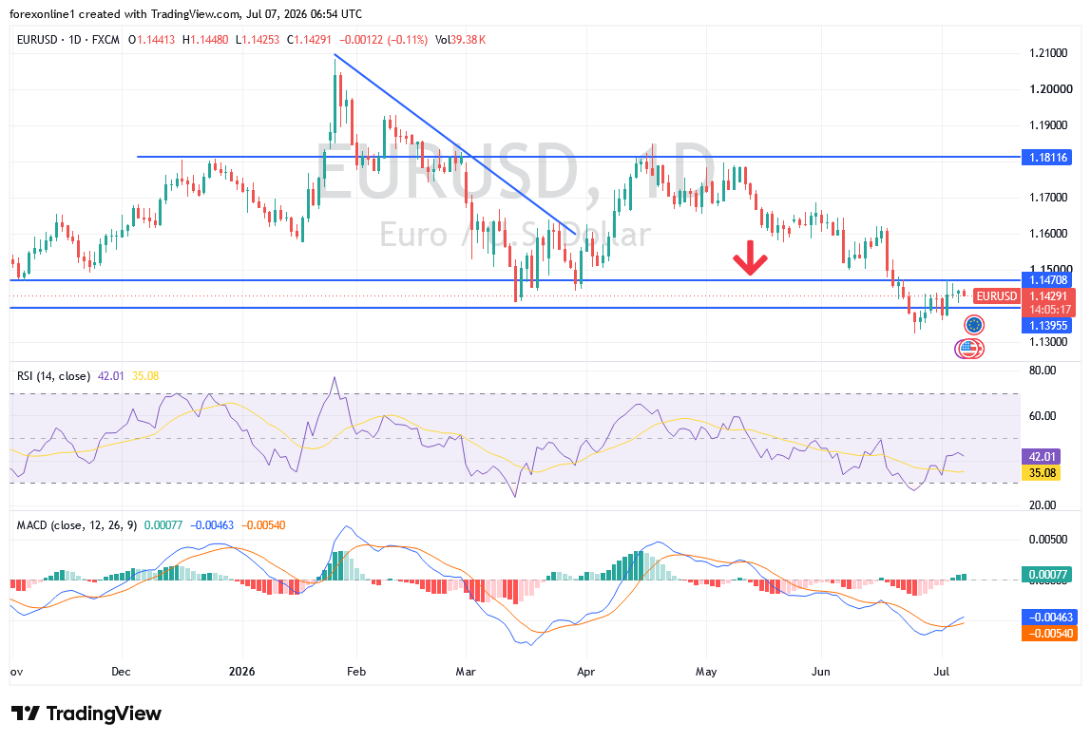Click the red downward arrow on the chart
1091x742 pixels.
click(x=750, y=257)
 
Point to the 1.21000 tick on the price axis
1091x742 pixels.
click(x=1048, y=53)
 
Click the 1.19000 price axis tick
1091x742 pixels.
click(x=1048, y=125)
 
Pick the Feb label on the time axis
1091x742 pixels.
click(x=356, y=671)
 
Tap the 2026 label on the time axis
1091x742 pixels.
click(x=242, y=671)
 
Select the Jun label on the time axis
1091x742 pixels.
click(x=821, y=671)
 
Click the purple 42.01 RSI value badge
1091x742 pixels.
click(x=1041, y=457)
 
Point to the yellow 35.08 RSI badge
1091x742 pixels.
click(x=1041, y=473)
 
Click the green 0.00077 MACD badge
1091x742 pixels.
click(x=1048, y=575)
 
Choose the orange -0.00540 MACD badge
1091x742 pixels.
click(x=1048, y=633)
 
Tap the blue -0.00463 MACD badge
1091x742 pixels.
click(x=1048, y=617)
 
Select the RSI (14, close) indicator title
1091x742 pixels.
click(x=53, y=376)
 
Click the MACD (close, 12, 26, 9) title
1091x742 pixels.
click(x=77, y=525)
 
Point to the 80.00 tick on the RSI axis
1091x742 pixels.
click(x=1043, y=370)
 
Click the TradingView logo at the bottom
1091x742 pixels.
click(x=86, y=713)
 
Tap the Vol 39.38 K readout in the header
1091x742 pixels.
click(x=460, y=40)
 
